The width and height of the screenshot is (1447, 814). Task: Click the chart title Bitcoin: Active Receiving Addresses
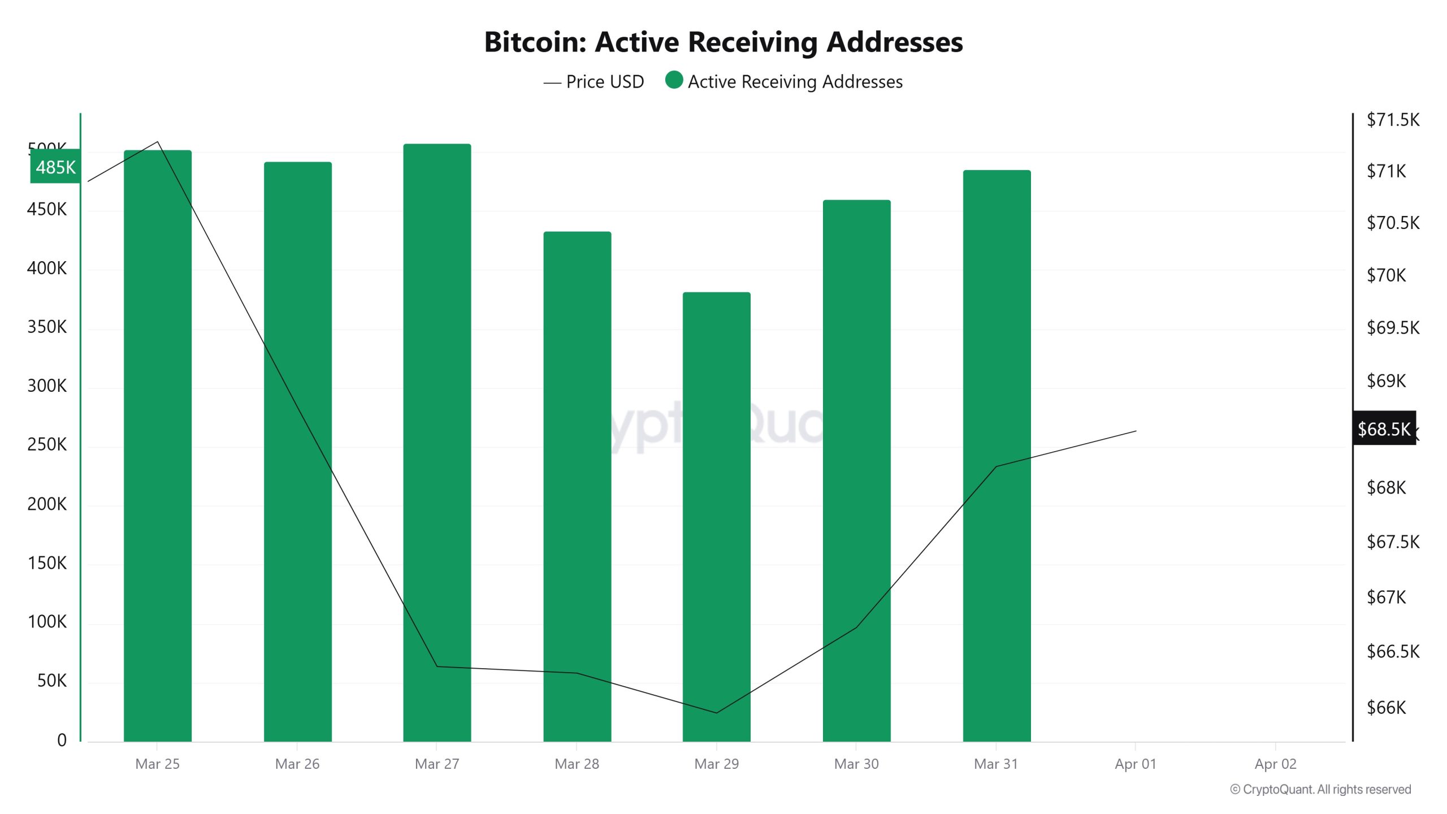coord(723,42)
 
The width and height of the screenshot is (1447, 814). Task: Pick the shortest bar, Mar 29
coord(716,517)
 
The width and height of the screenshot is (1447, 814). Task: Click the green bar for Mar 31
coord(997,456)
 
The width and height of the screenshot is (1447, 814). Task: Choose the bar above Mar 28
coord(577,486)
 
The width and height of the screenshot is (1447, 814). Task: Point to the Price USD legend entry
coord(593,82)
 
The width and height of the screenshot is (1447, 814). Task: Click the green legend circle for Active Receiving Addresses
coord(674,80)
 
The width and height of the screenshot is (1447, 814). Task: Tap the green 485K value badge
coord(55,167)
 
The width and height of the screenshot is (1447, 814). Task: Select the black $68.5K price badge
coord(1384,429)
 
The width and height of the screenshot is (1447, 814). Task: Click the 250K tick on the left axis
coord(47,445)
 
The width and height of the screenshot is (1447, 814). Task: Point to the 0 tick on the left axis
coord(62,740)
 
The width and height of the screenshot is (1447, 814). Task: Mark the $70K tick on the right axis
coord(1386,275)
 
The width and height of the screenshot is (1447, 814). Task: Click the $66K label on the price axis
coord(1386,708)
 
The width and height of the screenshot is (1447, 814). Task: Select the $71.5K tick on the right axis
coord(1393,120)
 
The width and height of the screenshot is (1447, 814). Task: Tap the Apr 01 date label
coord(1136,764)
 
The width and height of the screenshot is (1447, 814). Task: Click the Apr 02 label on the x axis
coord(1275,764)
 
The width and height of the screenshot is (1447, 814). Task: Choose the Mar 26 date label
coord(297,764)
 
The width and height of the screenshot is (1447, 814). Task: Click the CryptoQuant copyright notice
coord(1320,789)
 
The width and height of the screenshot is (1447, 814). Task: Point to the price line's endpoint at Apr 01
coord(1136,431)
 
